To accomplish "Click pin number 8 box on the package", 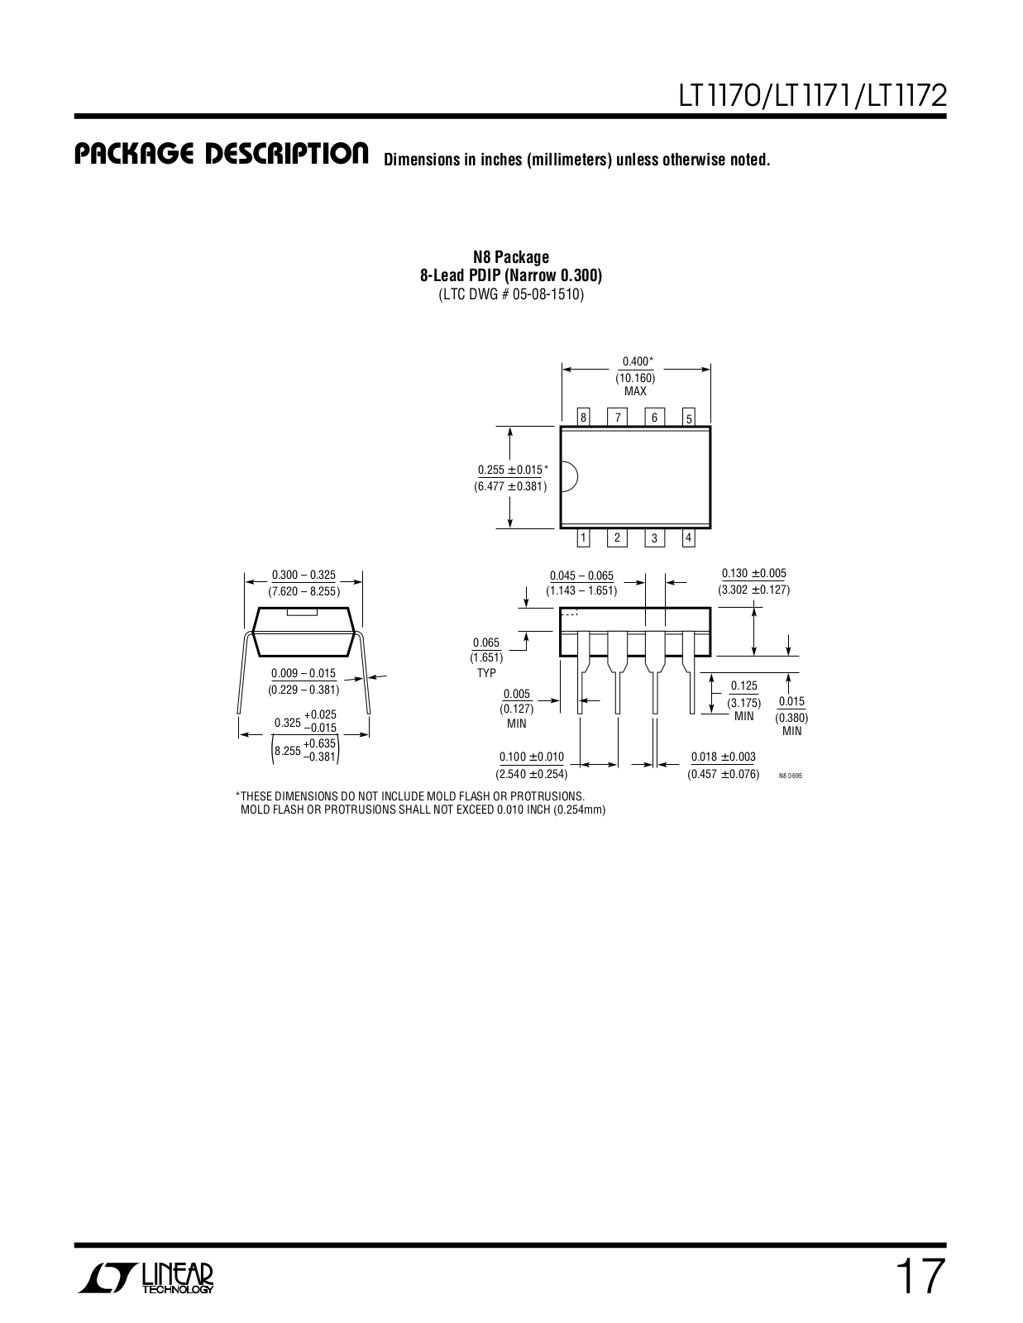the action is click(x=584, y=418).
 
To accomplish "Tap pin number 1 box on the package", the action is click(x=584, y=538).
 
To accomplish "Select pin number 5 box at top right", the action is click(x=689, y=418).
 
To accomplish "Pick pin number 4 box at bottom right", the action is click(x=689, y=538).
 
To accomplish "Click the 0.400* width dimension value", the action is click(x=637, y=361).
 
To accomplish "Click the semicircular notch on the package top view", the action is click(x=569, y=477).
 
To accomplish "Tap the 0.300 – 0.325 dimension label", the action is click(x=304, y=575).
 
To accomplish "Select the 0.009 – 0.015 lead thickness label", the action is click(x=304, y=673).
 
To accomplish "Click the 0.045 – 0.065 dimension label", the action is click(x=581, y=576).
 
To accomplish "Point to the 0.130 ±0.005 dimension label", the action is click(x=753, y=573).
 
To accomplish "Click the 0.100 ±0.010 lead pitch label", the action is click(x=532, y=757).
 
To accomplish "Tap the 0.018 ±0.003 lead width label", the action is click(x=723, y=757).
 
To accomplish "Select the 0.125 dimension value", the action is click(x=743, y=685).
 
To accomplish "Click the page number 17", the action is click(x=918, y=1278).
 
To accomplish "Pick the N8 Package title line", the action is click(x=511, y=257).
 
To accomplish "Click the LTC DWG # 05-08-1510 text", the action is click(x=511, y=294).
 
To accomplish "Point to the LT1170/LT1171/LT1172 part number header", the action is click(x=812, y=97).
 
